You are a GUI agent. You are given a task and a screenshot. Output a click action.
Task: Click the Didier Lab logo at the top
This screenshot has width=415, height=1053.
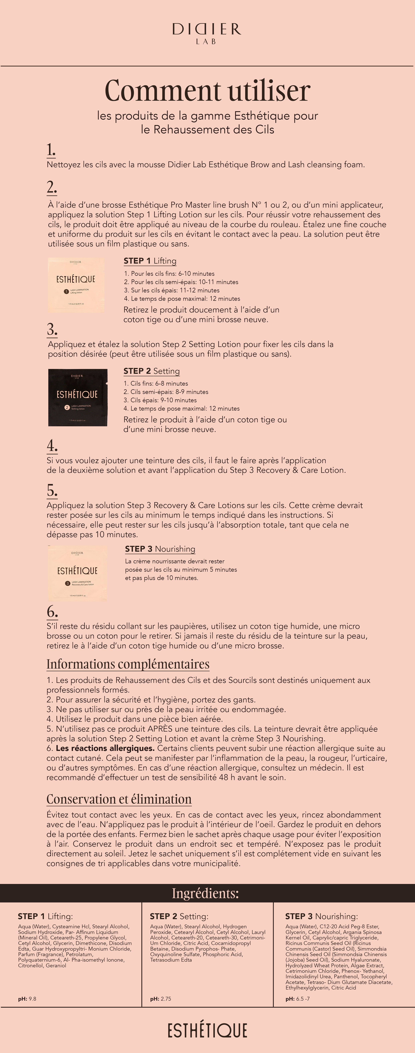pos(207,33)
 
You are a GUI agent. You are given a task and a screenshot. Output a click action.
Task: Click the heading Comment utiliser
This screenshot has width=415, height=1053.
pos(207,91)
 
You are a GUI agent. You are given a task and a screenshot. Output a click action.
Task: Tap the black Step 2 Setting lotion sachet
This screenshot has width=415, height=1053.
pos(78,397)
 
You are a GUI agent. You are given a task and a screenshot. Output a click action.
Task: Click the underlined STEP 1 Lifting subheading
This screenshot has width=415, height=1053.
pos(150,261)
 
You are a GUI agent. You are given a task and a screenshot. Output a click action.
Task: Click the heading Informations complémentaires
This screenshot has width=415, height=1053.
pos(128,664)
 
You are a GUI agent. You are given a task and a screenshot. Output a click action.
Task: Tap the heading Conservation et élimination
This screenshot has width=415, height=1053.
pos(119,799)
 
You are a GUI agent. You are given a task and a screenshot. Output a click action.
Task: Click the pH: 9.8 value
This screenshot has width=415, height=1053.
pos(27,999)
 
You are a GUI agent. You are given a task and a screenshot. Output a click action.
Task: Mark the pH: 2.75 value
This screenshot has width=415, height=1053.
pos(161,999)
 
